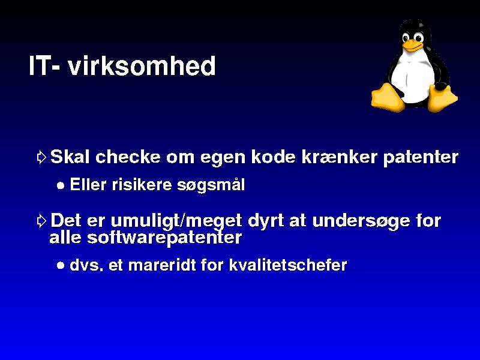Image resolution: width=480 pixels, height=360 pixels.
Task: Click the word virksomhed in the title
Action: [x=142, y=65]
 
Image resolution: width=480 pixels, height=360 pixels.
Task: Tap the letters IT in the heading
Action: [x=38, y=65]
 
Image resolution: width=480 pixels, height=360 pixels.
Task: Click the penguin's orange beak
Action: [x=412, y=45]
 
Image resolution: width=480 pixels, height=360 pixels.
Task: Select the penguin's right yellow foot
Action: [x=442, y=98]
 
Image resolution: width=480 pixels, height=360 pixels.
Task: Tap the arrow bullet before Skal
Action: [x=41, y=157]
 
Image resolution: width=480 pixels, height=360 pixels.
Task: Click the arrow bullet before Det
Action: [x=41, y=220]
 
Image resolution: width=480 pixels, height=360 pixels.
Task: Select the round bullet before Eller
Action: [x=61, y=185]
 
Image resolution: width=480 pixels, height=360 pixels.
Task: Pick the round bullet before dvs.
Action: [x=61, y=265]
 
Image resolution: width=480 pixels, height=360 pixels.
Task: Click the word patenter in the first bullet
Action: [x=421, y=158]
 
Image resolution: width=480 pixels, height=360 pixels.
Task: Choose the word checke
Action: [x=128, y=157]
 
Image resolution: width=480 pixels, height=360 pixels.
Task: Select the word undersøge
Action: [x=361, y=221]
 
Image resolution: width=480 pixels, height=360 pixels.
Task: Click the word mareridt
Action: [x=161, y=265]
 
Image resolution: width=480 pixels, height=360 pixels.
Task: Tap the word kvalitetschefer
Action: [x=288, y=265]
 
